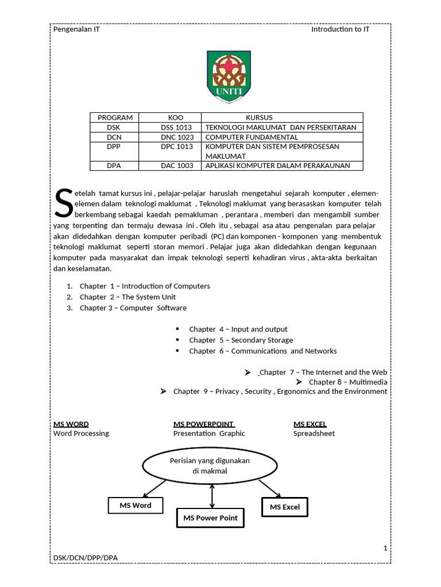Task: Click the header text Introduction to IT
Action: coord(340,29)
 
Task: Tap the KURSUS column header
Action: coord(259,118)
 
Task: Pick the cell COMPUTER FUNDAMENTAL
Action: coord(252,137)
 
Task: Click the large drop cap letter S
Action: coord(63,204)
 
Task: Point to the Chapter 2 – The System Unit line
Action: coord(127,297)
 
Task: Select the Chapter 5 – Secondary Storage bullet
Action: coord(241,340)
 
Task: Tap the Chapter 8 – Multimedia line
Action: coord(347,382)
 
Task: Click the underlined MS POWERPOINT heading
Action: coord(204,424)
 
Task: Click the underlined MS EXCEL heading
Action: coord(310,424)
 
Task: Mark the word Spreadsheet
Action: coord(314,433)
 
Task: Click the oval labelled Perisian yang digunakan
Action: coord(210,466)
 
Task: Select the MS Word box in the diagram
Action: coord(136,505)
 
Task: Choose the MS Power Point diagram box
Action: coord(210,518)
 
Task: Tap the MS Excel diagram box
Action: coord(285,507)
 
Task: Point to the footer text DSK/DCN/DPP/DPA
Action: coord(86,558)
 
